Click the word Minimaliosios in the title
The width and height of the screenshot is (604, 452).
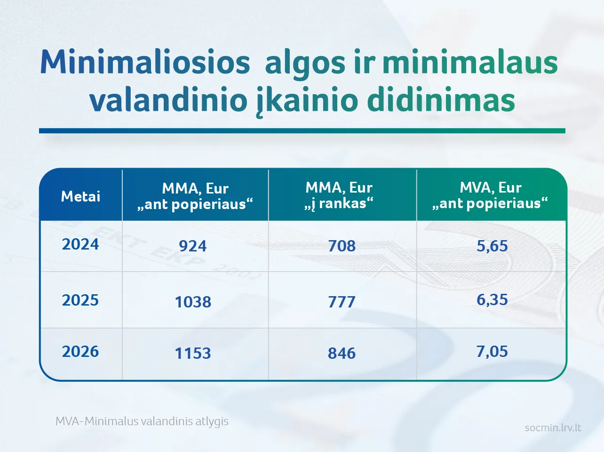coord(145,63)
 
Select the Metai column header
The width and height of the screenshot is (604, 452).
coord(81,196)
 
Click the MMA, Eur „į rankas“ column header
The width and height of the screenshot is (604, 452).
coord(339,195)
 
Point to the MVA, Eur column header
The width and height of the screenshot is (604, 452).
coord(491,195)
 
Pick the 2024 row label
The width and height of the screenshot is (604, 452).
coord(80,244)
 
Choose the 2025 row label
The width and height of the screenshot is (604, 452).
coord(80,300)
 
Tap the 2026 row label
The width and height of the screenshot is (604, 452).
coord(80,351)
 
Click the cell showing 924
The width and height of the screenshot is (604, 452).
coord(193,246)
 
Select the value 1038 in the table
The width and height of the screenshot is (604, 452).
coord(193,302)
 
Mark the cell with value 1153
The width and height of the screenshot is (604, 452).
coord(193,353)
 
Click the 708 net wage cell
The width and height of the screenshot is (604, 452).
coord(342,246)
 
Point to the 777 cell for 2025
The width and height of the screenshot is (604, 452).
coord(342,302)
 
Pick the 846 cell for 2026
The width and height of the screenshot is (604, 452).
coord(342,353)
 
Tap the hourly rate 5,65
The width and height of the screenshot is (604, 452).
coord(492,246)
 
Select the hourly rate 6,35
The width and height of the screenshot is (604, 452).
coord(492,300)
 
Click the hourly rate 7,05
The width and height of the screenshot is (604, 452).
coord(492,351)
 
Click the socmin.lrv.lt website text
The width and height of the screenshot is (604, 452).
coord(553,428)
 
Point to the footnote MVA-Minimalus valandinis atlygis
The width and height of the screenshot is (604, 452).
coord(142,421)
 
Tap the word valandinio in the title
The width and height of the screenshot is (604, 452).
coord(168,100)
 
